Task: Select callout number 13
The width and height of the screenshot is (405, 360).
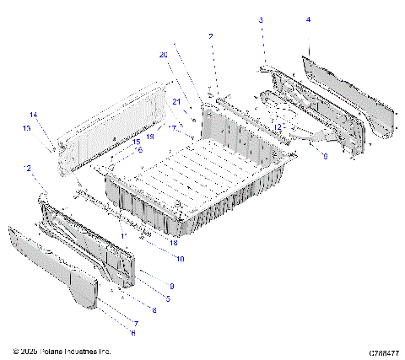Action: [27, 128]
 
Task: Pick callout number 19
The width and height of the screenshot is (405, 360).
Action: [150, 135]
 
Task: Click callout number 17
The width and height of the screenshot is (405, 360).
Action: [172, 128]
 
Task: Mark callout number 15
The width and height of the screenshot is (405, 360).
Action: [135, 142]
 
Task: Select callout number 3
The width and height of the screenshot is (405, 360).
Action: [261, 19]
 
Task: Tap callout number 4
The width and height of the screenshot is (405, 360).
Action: [308, 19]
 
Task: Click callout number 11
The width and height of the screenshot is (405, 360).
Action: [123, 234]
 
